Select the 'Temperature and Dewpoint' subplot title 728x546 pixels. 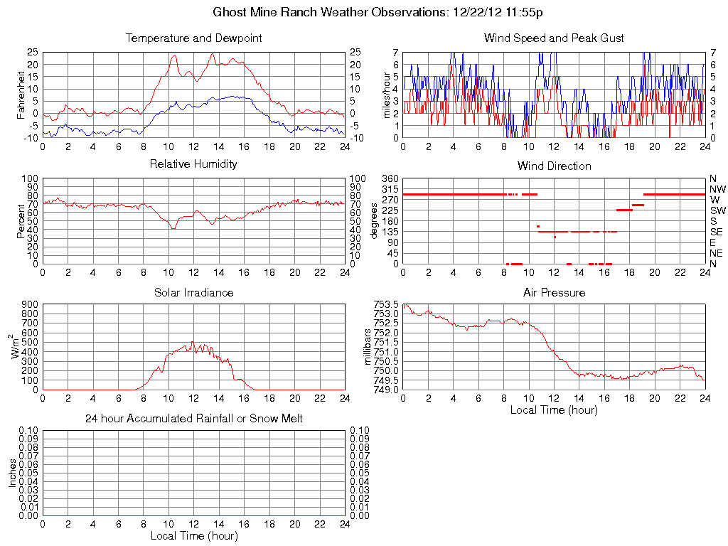point(193,38)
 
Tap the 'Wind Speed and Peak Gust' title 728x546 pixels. point(554,38)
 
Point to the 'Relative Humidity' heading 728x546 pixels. point(193,164)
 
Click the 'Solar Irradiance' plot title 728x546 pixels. point(193,292)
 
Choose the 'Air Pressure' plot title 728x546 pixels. point(554,292)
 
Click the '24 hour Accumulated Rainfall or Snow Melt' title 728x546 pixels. point(193,419)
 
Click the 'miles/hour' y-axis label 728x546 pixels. point(387,94)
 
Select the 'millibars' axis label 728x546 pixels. point(368,347)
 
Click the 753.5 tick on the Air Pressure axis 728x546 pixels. point(387,304)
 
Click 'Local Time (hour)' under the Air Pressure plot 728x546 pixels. point(554,409)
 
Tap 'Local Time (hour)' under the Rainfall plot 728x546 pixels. point(193,535)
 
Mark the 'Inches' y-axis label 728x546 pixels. point(12,473)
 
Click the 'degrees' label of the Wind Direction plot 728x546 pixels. point(374,220)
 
